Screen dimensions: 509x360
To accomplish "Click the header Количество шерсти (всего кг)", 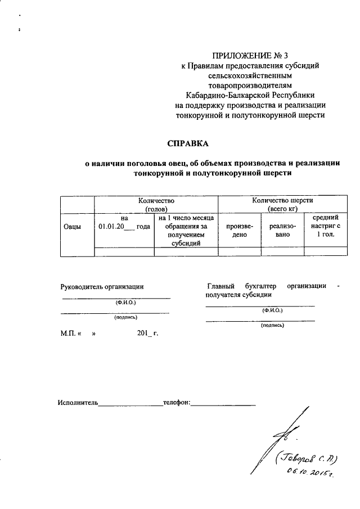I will click(x=282, y=204).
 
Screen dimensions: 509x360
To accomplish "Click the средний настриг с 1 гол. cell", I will click(x=325, y=226).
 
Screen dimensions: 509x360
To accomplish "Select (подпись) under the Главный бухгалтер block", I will click(x=272, y=325).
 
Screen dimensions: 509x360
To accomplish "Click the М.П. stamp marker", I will click(x=68, y=333).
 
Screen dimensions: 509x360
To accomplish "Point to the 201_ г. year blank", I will click(x=147, y=333).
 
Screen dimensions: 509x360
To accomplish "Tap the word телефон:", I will click(x=176, y=403).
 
